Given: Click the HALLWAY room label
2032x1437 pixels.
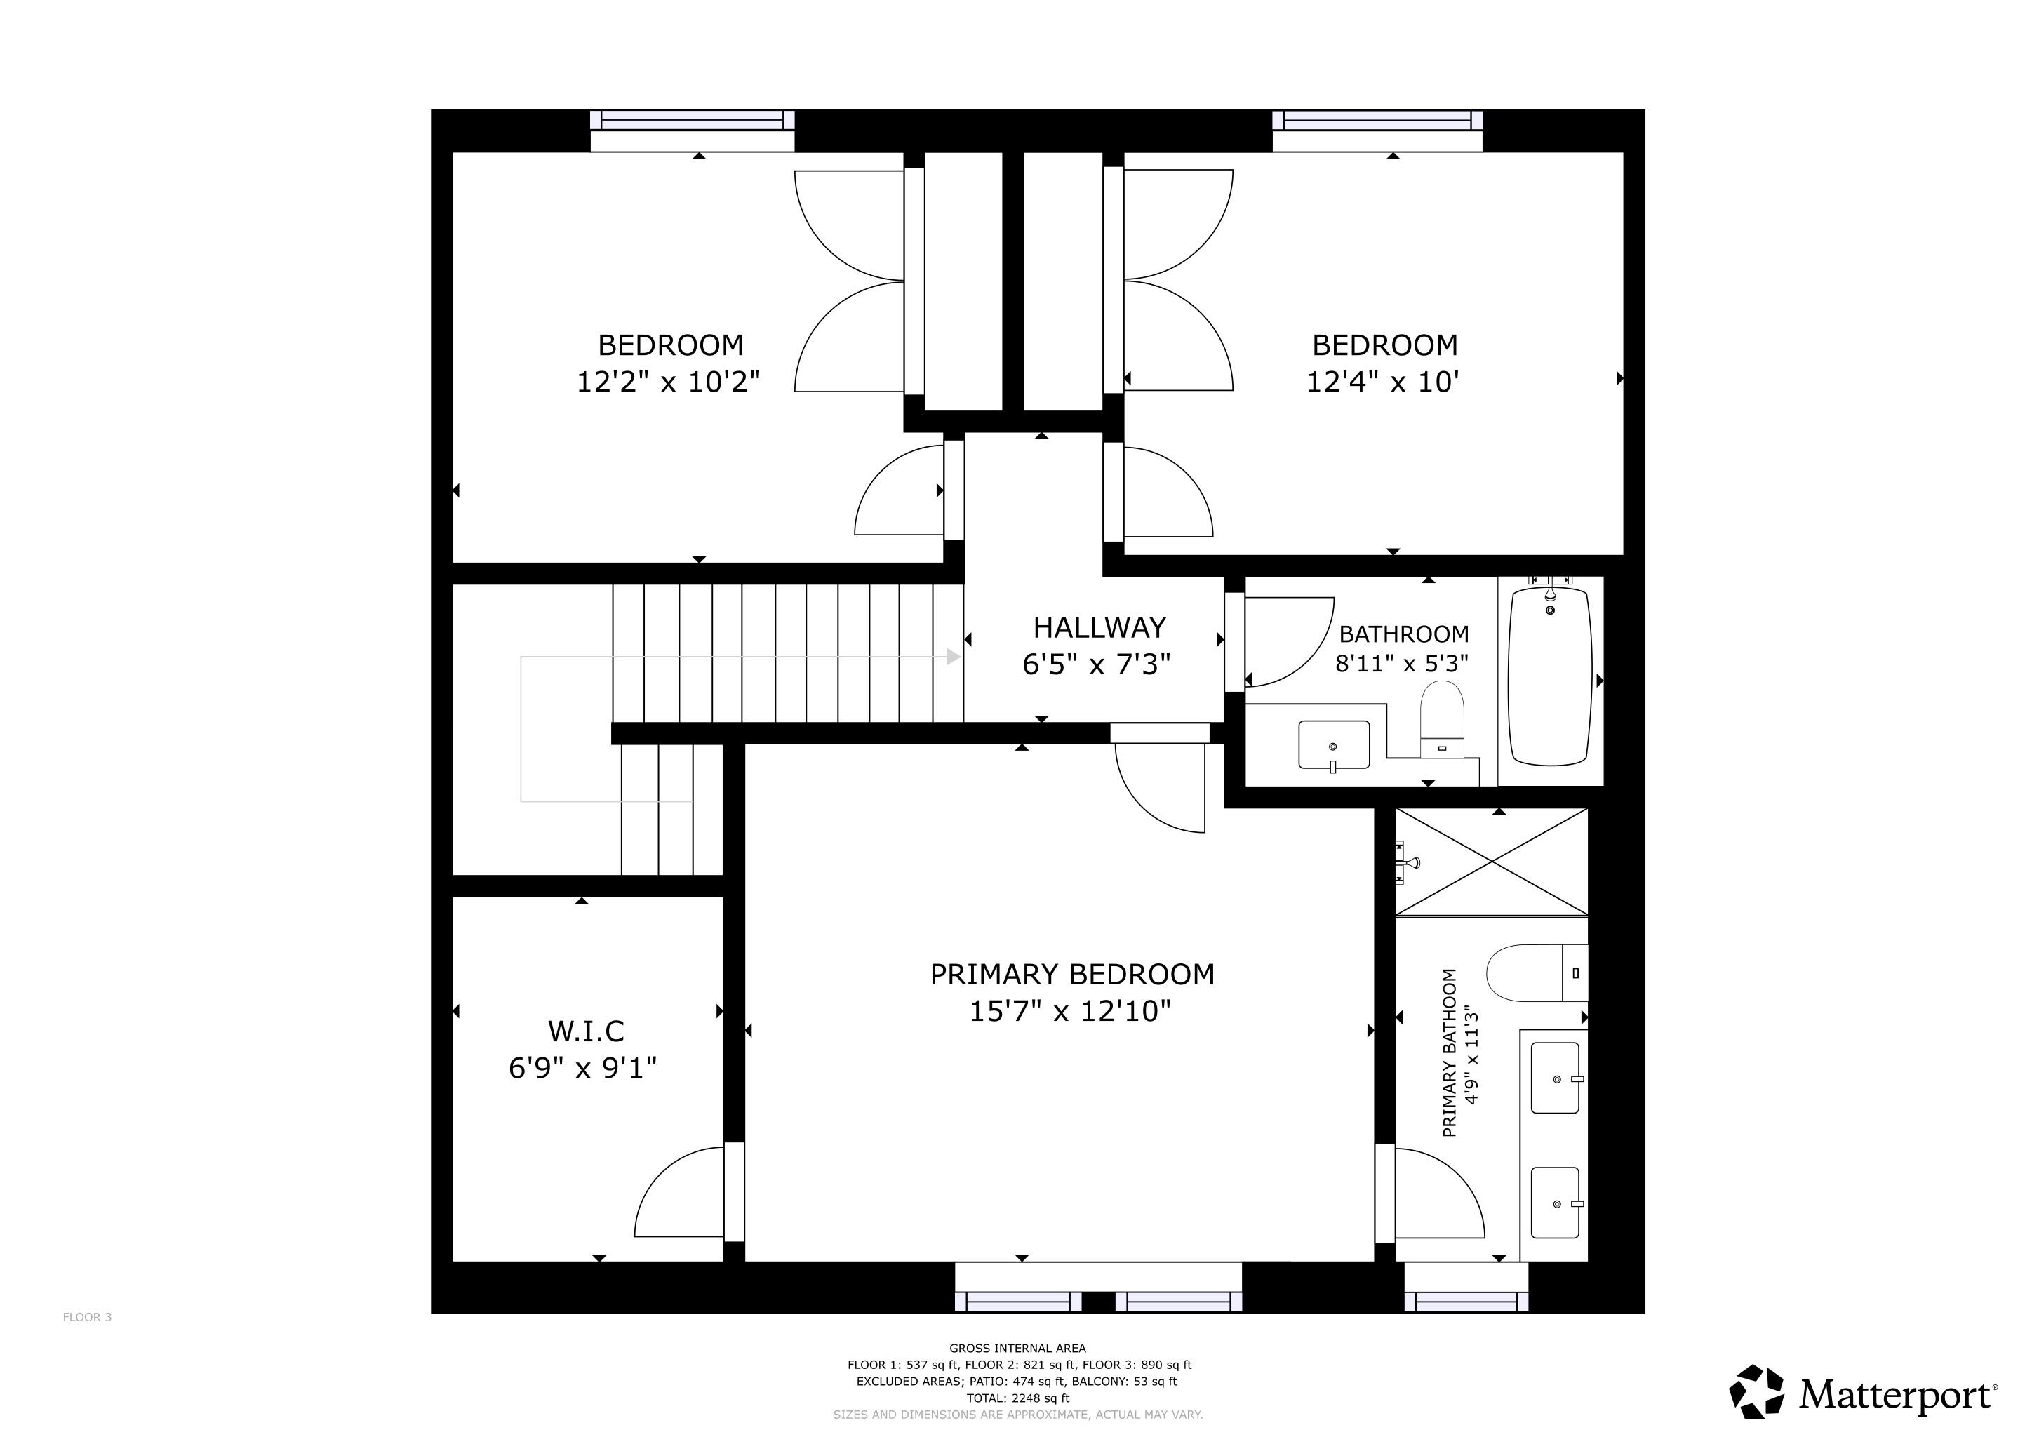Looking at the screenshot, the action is click(1099, 627).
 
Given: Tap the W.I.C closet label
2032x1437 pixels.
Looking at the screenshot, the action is click(586, 1031).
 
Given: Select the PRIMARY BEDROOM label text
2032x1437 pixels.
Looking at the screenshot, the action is click(1071, 974).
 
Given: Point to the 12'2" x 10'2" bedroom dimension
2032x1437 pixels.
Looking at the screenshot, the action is click(669, 382).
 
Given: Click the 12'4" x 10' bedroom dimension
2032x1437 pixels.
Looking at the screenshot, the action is click(1382, 382).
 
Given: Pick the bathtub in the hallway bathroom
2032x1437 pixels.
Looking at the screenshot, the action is click(1551, 676).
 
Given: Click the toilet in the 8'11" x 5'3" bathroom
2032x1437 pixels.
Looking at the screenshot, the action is click(1443, 719).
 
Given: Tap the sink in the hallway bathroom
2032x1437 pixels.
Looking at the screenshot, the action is click(1334, 745).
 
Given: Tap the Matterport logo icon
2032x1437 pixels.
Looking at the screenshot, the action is click(1757, 1392).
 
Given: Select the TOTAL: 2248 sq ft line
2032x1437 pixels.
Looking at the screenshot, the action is click(1018, 1398).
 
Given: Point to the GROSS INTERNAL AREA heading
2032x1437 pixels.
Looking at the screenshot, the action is click(1018, 1349).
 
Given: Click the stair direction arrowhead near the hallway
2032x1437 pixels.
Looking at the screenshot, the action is click(954, 657).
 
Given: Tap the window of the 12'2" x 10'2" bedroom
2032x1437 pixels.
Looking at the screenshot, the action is click(692, 121).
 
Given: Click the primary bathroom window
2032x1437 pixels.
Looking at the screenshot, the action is click(1466, 1301).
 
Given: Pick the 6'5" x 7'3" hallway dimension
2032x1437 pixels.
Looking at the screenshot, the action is click(1097, 664).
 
